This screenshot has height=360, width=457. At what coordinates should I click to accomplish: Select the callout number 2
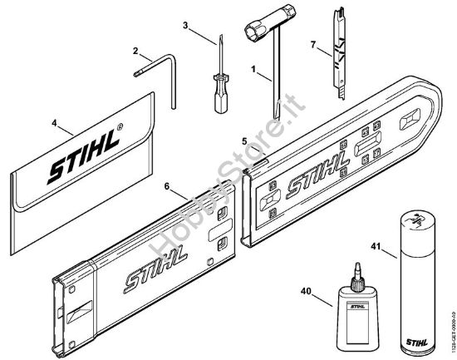pos(135,51)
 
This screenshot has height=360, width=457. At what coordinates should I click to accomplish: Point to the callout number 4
pos(55,126)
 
